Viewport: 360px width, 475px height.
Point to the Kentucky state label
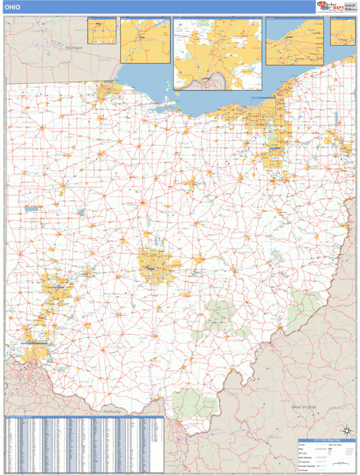pos(115,412)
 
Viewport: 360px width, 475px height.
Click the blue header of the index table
pos(83,419)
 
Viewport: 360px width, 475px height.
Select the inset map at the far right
pos(343,33)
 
